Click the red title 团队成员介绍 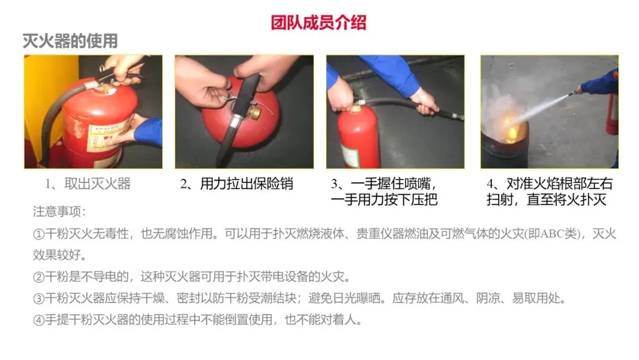(x=319, y=23)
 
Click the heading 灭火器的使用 (x=70, y=41)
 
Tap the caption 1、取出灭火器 (x=88, y=184)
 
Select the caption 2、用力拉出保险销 (x=237, y=184)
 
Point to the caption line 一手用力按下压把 (x=385, y=200)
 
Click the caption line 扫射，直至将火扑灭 (x=547, y=200)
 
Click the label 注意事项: (x=60, y=211)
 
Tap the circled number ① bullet (x=38, y=234)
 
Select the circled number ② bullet (x=38, y=277)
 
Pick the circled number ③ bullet (x=38, y=298)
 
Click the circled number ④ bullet (x=38, y=320)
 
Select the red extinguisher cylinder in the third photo (x=357, y=137)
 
